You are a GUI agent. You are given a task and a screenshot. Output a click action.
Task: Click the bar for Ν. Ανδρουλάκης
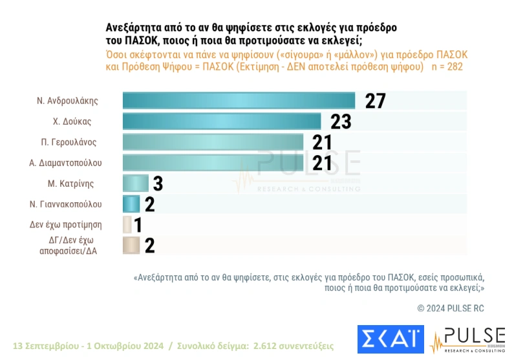239,101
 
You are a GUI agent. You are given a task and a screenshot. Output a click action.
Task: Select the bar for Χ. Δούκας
222,122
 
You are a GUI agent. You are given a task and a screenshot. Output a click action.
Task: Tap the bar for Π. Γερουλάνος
213,142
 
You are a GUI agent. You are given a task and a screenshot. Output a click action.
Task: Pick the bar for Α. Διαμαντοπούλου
213,162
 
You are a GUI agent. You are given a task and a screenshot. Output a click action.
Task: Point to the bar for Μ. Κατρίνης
135,183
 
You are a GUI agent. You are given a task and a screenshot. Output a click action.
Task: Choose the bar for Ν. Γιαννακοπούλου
131,204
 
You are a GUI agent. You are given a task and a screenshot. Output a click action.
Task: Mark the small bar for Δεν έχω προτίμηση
127,224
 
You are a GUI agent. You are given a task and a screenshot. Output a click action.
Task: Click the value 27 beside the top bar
375,101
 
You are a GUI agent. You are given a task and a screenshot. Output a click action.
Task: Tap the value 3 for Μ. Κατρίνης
158,184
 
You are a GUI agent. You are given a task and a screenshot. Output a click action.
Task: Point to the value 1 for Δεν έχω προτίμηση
138,225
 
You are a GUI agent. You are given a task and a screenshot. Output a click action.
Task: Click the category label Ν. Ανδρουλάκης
76,101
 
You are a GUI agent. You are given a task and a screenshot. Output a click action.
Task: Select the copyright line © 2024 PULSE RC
451,308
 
